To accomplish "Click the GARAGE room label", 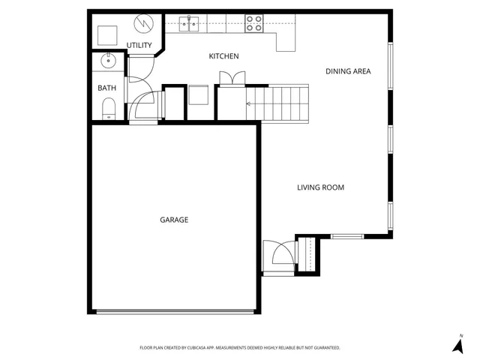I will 173,220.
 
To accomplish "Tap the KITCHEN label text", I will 223,56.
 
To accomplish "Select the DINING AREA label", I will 349,71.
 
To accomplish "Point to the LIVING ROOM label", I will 320,187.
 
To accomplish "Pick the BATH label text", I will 107,88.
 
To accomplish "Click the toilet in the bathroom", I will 108,112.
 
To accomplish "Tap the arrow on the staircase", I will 250,106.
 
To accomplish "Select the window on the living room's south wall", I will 346,237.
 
